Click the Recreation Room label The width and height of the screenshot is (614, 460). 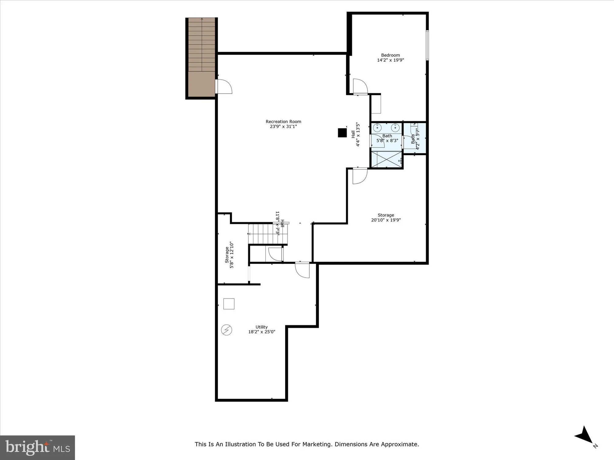point(283,122)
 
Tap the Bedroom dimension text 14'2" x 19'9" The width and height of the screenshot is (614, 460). point(390,60)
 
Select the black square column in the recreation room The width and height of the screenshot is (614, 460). point(342,133)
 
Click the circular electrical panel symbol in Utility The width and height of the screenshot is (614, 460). point(227,330)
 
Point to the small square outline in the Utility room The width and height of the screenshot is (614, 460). point(229,304)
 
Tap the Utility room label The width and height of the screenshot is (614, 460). point(262,327)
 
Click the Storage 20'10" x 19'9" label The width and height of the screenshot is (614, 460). point(386,217)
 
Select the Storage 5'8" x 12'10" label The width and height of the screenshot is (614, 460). point(229,255)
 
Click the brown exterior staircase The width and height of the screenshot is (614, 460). point(201,58)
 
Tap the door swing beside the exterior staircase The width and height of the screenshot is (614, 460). point(224,86)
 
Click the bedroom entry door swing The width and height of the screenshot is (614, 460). point(360,86)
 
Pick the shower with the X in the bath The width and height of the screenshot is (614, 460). point(387,159)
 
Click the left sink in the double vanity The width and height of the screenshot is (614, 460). point(377,128)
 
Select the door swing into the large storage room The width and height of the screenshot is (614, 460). point(359,176)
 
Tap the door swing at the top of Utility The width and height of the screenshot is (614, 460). point(302,270)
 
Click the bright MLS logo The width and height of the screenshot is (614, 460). point(37,447)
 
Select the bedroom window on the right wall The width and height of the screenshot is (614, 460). point(427,45)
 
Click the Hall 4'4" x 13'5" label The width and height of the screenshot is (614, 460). point(355,134)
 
